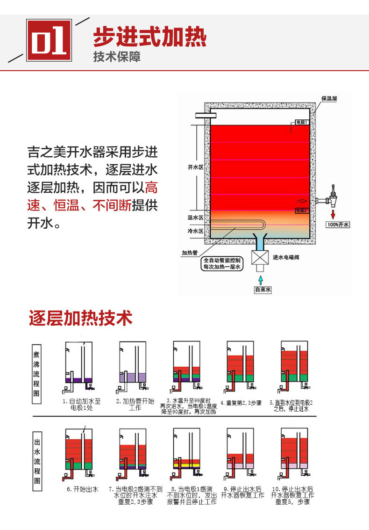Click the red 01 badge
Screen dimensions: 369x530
(x=49, y=40)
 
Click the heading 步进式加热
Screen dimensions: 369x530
(x=149, y=36)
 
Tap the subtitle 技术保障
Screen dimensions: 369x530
(x=116, y=57)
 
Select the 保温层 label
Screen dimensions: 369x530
(x=329, y=99)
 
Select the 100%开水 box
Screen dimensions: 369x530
(x=338, y=225)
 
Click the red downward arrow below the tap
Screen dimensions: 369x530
(x=333, y=214)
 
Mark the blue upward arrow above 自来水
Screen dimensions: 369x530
(x=261, y=277)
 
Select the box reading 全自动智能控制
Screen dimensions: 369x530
(x=222, y=263)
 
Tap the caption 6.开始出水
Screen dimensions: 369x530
(x=82, y=489)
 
